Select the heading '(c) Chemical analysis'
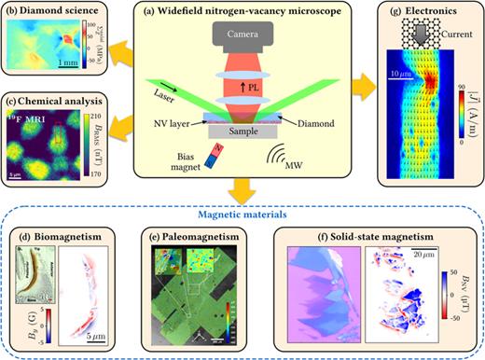pyautogui.click(x=58, y=101)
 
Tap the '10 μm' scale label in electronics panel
pyautogui.click(x=403, y=71)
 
